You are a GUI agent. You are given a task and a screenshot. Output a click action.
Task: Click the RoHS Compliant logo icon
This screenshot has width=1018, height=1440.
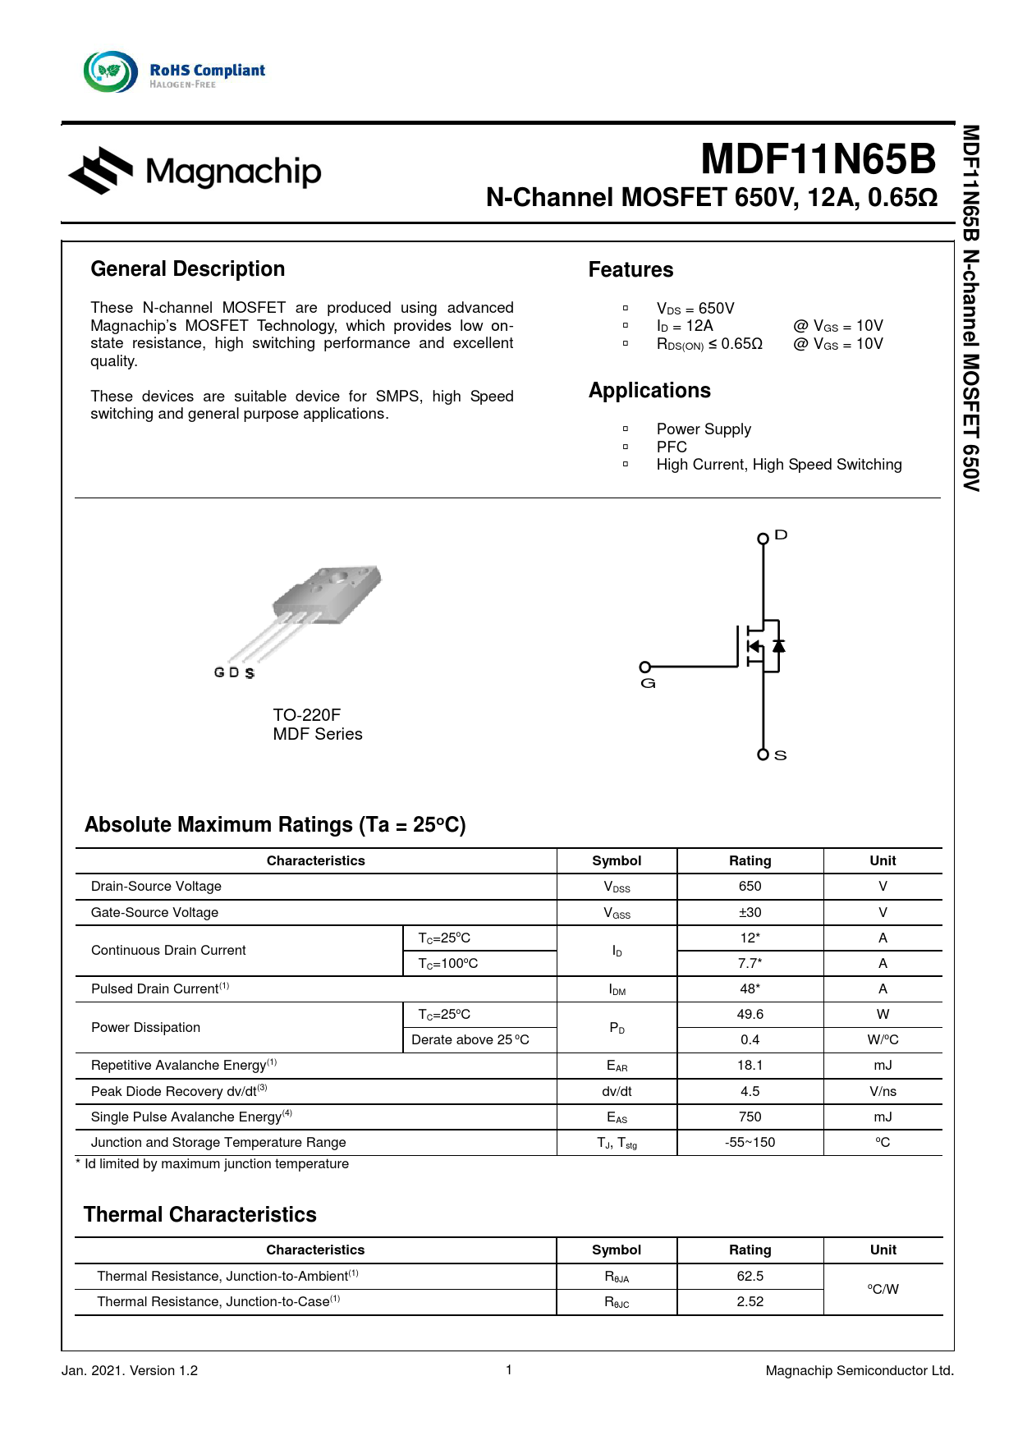(x=111, y=72)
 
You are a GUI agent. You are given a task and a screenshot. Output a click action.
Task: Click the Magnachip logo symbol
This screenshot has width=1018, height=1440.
(x=101, y=171)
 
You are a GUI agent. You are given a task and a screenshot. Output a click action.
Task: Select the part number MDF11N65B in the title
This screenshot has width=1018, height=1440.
(x=818, y=159)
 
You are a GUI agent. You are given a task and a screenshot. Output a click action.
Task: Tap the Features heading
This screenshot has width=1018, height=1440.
(x=631, y=270)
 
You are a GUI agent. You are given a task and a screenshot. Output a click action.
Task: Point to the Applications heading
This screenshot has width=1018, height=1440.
(x=649, y=391)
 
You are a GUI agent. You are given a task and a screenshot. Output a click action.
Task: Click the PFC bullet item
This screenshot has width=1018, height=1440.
(x=672, y=447)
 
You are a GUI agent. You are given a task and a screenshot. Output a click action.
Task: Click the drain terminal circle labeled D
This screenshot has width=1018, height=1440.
(x=763, y=539)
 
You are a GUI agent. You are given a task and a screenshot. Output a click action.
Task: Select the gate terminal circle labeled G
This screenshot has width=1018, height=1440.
(x=645, y=667)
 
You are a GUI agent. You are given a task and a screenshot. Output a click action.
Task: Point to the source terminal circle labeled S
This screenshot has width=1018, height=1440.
(x=763, y=754)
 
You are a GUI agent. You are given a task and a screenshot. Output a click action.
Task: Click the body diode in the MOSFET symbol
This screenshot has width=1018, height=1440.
(x=778, y=646)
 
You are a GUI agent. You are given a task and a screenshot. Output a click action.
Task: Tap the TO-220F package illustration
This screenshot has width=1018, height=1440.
(x=324, y=603)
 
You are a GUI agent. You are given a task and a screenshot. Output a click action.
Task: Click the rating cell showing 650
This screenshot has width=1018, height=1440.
(x=750, y=887)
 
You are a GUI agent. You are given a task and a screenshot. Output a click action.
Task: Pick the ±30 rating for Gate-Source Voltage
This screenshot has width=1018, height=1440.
(x=750, y=912)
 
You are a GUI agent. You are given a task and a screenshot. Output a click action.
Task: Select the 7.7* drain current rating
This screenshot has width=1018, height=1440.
(x=750, y=963)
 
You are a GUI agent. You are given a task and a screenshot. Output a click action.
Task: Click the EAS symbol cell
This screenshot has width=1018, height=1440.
(x=617, y=1117)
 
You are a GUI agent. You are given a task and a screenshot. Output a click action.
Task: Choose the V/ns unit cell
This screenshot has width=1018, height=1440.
(x=883, y=1092)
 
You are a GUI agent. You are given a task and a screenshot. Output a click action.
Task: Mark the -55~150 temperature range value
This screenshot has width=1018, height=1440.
(x=750, y=1143)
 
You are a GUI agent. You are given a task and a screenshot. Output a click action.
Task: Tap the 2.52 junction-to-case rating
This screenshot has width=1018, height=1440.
(x=750, y=1302)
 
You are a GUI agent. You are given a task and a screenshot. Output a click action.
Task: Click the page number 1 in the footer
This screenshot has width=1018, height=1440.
(x=509, y=1369)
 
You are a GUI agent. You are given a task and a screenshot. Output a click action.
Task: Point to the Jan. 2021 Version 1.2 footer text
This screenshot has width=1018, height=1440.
(x=130, y=1370)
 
